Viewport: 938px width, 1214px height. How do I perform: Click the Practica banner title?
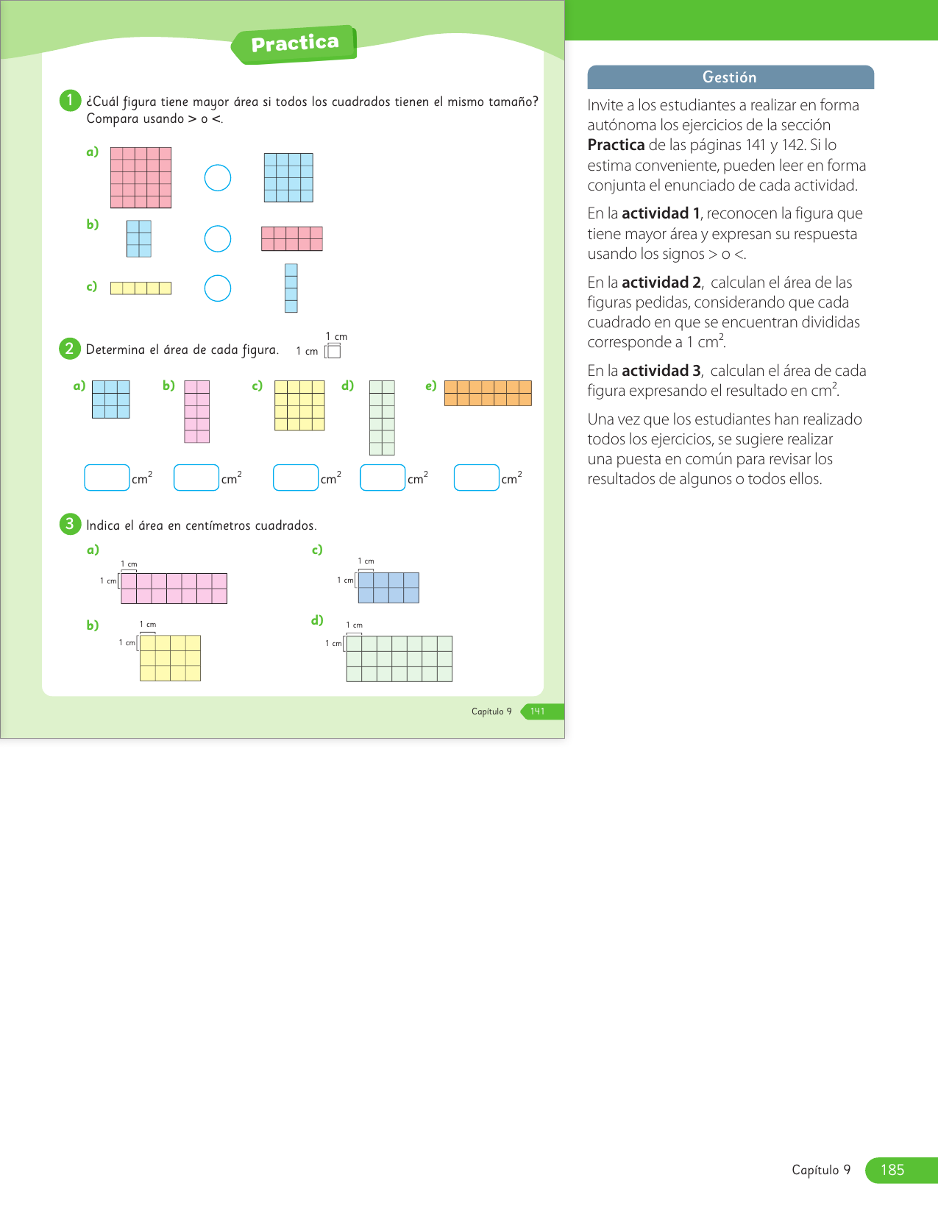pos(295,44)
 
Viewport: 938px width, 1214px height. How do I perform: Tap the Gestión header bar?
pos(730,77)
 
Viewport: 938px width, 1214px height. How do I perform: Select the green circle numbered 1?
pos(70,100)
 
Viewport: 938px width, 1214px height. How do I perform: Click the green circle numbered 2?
pos(69,348)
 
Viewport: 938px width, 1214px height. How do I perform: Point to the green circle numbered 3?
pos(69,524)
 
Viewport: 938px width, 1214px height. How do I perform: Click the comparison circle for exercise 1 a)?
pos(218,177)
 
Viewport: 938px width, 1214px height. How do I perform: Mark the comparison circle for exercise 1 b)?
pos(218,238)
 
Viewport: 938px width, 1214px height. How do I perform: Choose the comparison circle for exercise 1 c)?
pos(218,288)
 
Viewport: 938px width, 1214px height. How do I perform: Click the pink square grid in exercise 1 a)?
pos(141,177)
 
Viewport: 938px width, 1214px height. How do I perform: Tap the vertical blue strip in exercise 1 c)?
pos(291,288)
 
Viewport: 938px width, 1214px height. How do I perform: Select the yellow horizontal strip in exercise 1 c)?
pos(141,288)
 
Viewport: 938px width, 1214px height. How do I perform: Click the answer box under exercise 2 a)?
pos(107,478)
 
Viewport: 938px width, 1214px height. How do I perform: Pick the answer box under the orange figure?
pos(477,478)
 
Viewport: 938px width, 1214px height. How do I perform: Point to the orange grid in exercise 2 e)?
pos(488,393)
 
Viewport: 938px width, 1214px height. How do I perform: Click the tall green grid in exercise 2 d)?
pos(382,417)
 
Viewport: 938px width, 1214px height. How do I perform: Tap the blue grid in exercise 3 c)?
pos(388,588)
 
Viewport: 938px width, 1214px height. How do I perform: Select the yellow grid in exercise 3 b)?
pos(170,658)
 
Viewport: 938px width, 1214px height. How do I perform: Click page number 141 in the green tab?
pos(538,711)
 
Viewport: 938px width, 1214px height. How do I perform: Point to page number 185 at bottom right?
pos(892,1170)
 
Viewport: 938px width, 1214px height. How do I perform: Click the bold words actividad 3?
pos(661,371)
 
